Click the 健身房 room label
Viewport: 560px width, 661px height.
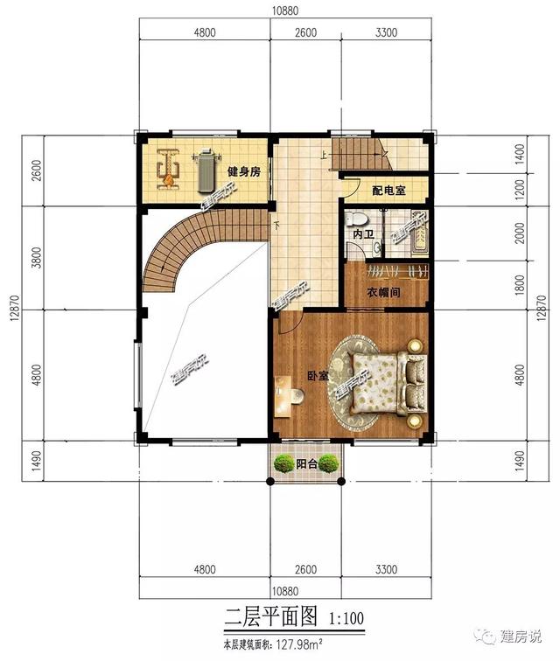point(244,171)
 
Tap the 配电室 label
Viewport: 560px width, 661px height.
point(388,191)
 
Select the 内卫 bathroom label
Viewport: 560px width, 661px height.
point(363,234)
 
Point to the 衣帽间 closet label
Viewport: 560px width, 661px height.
point(383,292)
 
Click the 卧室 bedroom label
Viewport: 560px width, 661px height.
point(318,376)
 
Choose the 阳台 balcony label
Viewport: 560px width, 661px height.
point(306,464)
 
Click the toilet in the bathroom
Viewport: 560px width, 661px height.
point(355,220)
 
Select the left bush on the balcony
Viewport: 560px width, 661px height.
point(284,463)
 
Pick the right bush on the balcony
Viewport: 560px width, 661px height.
point(329,463)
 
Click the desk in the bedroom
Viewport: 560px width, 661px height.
point(283,396)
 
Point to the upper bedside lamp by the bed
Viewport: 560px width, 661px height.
point(415,345)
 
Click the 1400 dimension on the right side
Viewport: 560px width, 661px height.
point(520,154)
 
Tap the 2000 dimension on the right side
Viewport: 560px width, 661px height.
point(520,233)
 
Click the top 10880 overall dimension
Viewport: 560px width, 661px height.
point(285,10)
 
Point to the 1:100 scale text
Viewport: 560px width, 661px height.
point(346,618)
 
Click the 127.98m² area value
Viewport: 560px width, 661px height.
point(299,644)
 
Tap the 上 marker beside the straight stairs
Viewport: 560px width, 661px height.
point(324,155)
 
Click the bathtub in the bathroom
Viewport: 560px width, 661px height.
point(419,235)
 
